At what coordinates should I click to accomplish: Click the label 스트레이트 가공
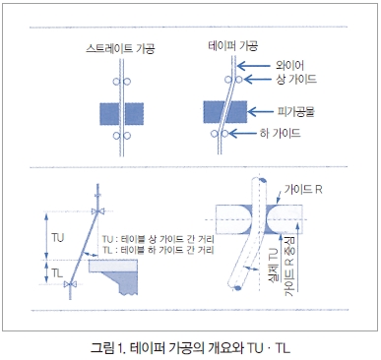coord(120,48)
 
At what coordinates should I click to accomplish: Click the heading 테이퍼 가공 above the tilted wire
coord(233,45)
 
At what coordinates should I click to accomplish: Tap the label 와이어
coord(289,65)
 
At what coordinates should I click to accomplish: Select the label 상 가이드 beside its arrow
coord(296,79)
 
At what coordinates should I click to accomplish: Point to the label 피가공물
coord(295,112)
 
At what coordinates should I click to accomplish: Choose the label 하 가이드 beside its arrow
coord(280,133)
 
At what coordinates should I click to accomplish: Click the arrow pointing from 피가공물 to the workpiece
coord(261,112)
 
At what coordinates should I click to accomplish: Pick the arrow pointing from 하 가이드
coord(242,134)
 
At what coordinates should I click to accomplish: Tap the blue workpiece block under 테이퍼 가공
coord(225,112)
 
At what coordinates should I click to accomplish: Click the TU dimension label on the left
coord(58,238)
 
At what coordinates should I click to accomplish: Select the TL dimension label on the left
coord(57,272)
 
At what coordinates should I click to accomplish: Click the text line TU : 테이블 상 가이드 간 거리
coord(158,239)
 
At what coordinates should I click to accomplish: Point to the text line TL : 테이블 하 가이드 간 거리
coord(158,250)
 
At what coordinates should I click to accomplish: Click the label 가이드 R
coord(303,189)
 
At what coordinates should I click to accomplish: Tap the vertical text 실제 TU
coord(275,267)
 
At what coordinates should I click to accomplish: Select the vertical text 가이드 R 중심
coord(290,266)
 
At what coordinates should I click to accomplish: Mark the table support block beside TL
coord(113,276)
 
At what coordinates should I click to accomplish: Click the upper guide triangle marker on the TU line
coord(97,211)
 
